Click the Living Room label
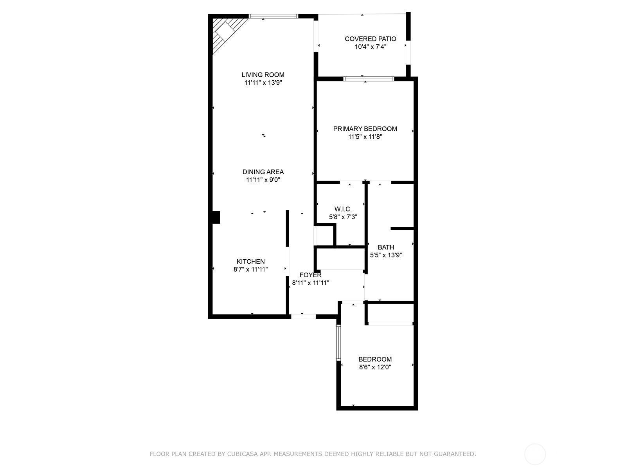(x=263, y=75)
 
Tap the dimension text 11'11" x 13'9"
(x=263, y=83)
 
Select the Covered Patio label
(x=371, y=39)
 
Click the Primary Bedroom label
(x=365, y=129)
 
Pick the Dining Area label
(x=263, y=172)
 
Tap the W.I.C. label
(x=343, y=209)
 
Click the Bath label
(x=386, y=247)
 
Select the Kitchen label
(x=251, y=261)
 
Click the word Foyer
(x=311, y=275)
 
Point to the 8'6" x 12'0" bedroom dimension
(x=375, y=367)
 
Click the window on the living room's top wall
(x=273, y=16)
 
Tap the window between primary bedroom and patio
(x=369, y=79)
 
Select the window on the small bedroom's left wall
(x=338, y=343)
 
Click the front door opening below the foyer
(x=303, y=316)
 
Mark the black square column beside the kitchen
(x=216, y=217)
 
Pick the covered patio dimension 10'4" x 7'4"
(x=371, y=47)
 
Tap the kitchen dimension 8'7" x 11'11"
(x=251, y=269)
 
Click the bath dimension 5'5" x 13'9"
(x=386, y=255)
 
